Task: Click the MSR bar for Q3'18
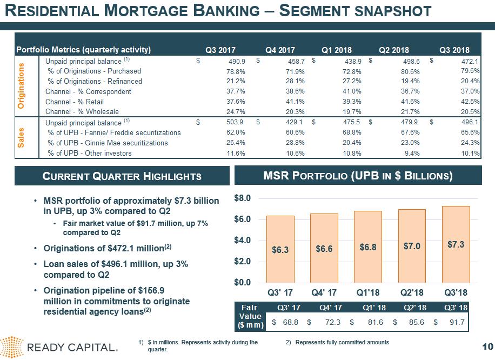pos(456,244)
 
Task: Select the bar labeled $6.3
pos(280,249)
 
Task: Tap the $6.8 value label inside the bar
pos(368,247)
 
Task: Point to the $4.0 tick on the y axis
pos(243,240)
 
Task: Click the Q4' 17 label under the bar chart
pos(324,293)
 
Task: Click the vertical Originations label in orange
pos(22,86)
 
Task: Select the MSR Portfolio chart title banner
pos(358,176)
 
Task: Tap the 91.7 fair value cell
pos(457,323)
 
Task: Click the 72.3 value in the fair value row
pos(330,323)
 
